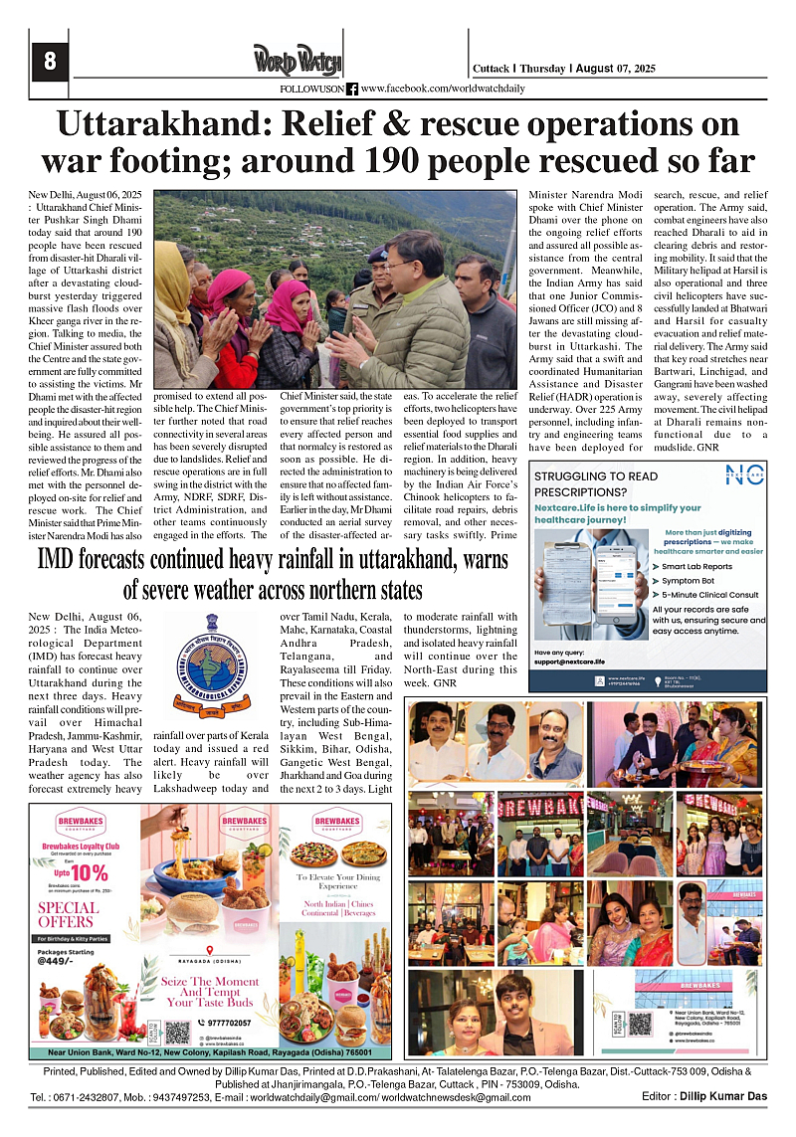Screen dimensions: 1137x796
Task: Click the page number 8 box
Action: (x=50, y=62)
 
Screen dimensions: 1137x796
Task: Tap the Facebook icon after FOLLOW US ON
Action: (x=351, y=89)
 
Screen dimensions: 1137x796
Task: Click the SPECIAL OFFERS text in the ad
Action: (x=68, y=914)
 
